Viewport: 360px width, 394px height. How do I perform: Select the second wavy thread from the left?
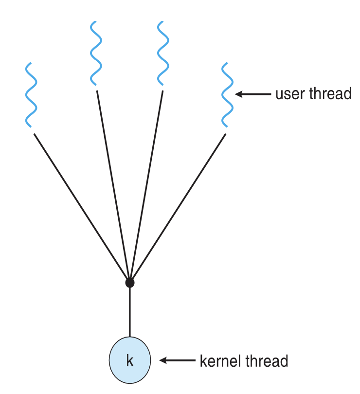click(x=96, y=54)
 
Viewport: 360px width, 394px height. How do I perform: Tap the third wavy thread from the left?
click(x=163, y=54)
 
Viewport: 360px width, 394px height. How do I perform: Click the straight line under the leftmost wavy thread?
click(x=80, y=207)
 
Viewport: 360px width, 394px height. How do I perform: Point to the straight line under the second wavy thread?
click(x=113, y=185)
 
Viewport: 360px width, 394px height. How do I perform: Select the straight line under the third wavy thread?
click(x=146, y=185)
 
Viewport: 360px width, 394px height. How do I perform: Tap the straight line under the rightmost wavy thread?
click(x=178, y=207)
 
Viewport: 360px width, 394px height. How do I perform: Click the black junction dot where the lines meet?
click(x=129, y=282)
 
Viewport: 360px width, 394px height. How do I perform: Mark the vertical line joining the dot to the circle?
click(x=129, y=311)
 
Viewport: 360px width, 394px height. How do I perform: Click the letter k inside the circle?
click(x=129, y=361)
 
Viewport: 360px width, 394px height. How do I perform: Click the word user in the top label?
click(x=291, y=94)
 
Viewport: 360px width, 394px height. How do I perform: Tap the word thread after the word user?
click(x=331, y=93)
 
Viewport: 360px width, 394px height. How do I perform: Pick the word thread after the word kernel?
click(x=268, y=361)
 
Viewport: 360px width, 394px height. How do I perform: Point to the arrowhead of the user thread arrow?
click(x=239, y=94)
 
